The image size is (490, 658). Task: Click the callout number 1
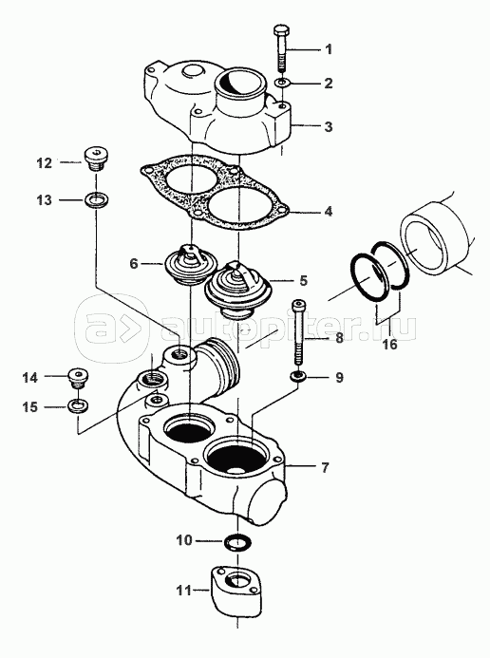point(329,49)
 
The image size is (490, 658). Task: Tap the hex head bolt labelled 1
point(281,48)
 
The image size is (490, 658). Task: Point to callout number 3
point(328,126)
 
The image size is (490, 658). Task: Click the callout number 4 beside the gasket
point(328,211)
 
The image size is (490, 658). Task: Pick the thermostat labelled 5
point(237,290)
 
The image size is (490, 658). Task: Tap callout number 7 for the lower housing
point(325,467)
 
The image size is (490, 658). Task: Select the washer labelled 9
point(298,376)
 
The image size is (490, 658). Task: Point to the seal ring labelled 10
point(237,542)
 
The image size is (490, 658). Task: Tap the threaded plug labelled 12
point(96,160)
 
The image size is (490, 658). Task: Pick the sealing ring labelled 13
point(96,199)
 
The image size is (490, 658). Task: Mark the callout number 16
point(389,344)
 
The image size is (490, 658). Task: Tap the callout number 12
point(44,162)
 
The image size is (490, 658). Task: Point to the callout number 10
point(183,540)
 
